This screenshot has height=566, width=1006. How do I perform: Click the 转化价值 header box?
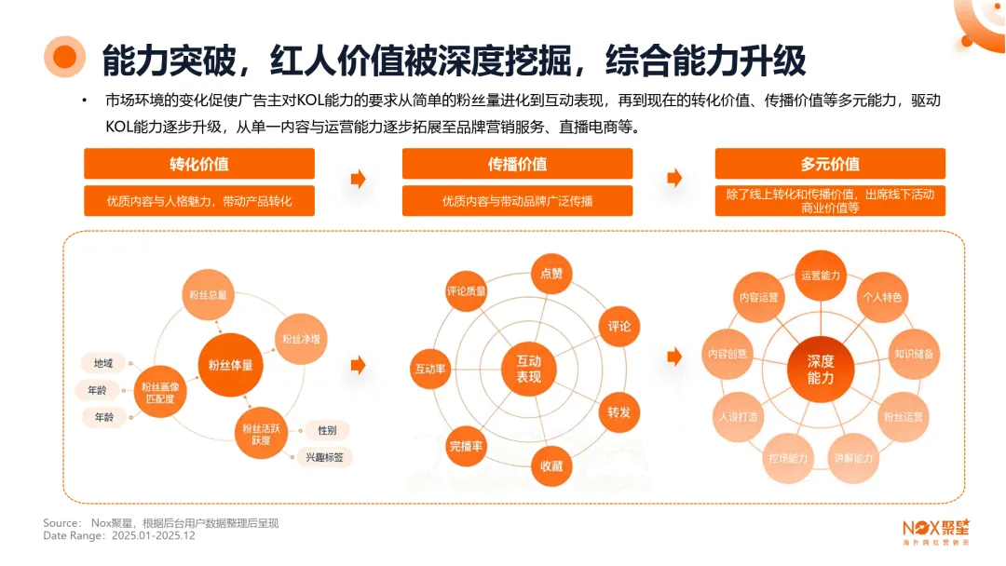coord(198,164)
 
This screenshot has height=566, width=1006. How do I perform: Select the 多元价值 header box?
coord(830,164)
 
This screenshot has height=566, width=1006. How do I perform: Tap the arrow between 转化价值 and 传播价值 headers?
coord(358,179)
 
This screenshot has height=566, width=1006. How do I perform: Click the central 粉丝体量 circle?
coord(230,366)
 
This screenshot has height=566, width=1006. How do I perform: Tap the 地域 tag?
coord(102,363)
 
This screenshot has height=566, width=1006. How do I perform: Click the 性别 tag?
coord(327,430)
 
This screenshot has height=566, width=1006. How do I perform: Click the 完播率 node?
coord(466,447)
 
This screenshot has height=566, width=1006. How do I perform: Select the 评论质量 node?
coord(467,291)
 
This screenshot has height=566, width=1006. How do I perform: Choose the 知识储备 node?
coord(914,354)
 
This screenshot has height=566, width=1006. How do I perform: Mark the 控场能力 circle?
coord(788,458)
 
